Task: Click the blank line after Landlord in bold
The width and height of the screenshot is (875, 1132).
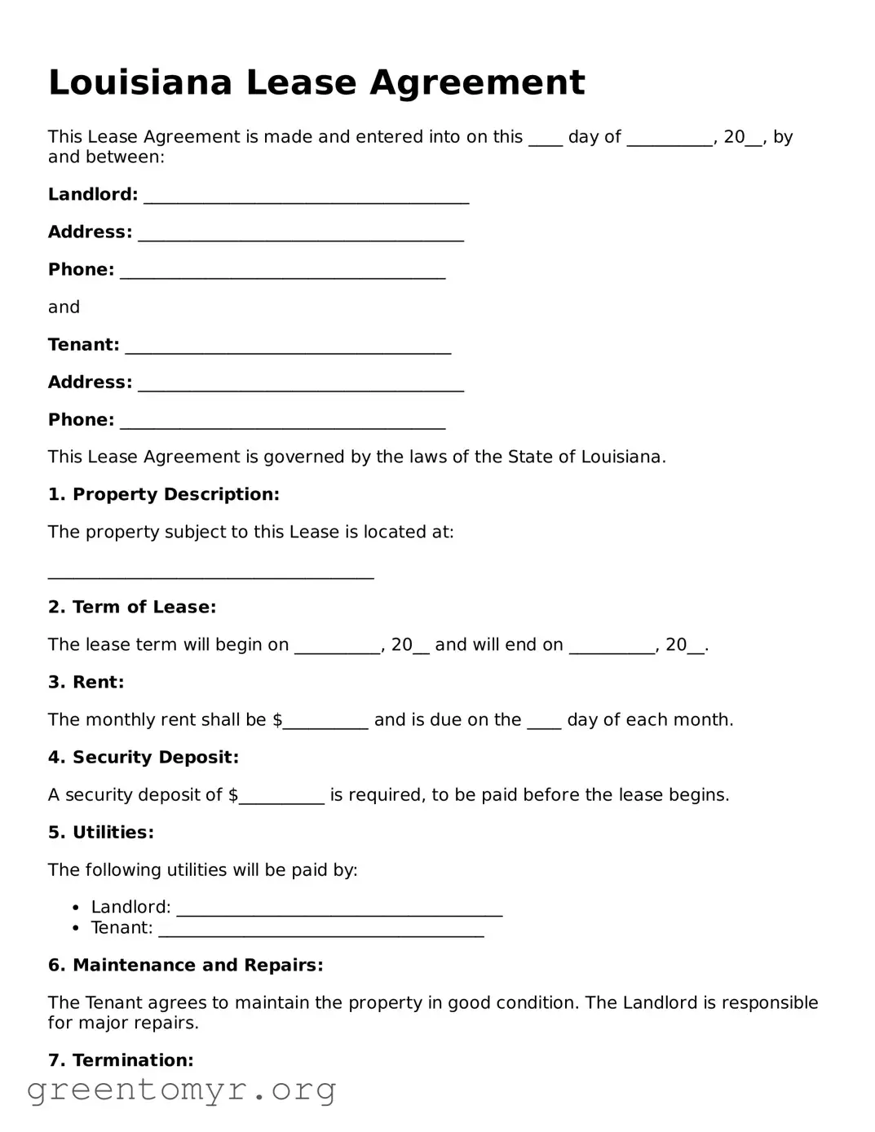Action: pos(306,199)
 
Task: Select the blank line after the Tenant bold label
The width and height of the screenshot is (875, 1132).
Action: pos(288,349)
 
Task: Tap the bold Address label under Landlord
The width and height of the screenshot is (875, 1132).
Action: pos(90,232)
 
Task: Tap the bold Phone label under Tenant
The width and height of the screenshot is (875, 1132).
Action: pos(81,420)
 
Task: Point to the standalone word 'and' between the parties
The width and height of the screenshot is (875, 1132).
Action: pos(64,307)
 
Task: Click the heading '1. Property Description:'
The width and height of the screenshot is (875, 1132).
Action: pos(163,494)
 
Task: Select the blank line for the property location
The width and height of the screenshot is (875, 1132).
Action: pos(210,574)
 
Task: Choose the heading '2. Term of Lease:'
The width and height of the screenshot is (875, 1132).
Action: pos(132,607)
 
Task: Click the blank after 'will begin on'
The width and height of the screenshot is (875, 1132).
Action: pos(337,648)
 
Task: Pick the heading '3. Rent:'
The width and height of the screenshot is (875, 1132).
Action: pos(86,682)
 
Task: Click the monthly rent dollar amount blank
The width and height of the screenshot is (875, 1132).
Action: pos(325,723)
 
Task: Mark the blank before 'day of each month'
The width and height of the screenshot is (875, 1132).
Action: pos(544,723)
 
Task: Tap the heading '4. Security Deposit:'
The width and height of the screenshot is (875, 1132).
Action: pos(144,757)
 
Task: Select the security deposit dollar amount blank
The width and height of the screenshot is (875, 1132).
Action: pos(281,798)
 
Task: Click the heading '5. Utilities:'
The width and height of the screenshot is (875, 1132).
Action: pos(100,832)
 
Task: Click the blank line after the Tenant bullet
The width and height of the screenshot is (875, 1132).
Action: pos(320,932)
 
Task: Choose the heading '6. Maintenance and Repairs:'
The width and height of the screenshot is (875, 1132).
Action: pos(185,965)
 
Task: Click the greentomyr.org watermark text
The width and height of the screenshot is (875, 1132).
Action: pos(181,1090)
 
